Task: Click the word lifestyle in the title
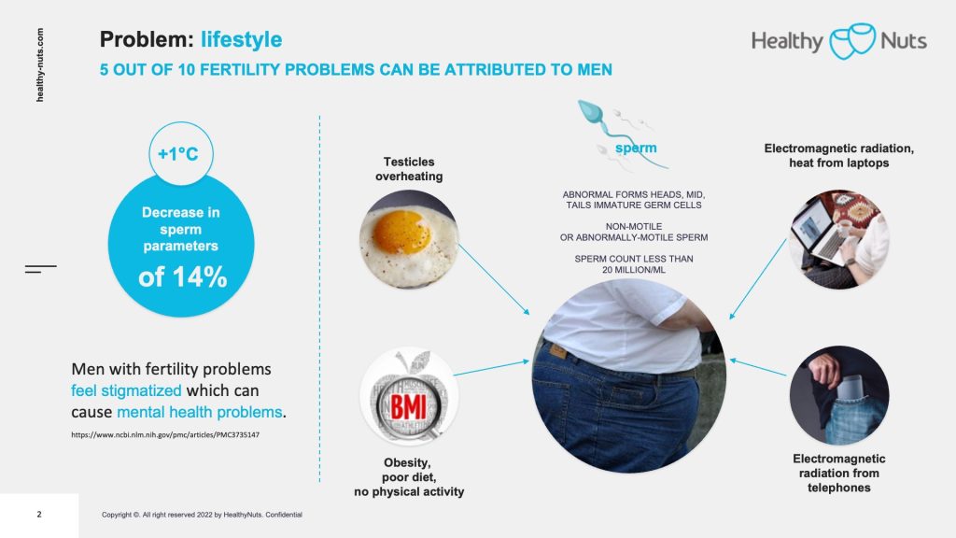tap(242, 39)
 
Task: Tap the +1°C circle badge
tap(181, 153)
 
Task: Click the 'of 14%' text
tap(182, 276)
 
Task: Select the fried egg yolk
tap(401, 232)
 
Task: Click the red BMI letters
tap(408, 405)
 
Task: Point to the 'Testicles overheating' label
tap(409, 169)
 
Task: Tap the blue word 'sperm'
tap(636, 148)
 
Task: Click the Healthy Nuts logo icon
tap(852, 41)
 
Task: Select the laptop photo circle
tap(839, 239)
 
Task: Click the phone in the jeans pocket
tap(850, 387)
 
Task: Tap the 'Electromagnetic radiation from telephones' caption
tap(839, 473)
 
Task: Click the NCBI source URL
tap(165, 435)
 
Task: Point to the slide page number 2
tap(39, 515)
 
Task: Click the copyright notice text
tap(202, 515)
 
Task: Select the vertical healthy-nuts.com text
tap(39, 64)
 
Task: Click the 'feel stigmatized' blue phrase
tap(126, 390)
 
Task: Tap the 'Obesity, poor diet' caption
tap(409, 477)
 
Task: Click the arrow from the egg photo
tap(494, 279)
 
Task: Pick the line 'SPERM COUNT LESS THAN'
tap(634, 259)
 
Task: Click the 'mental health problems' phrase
tap(200, 412)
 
